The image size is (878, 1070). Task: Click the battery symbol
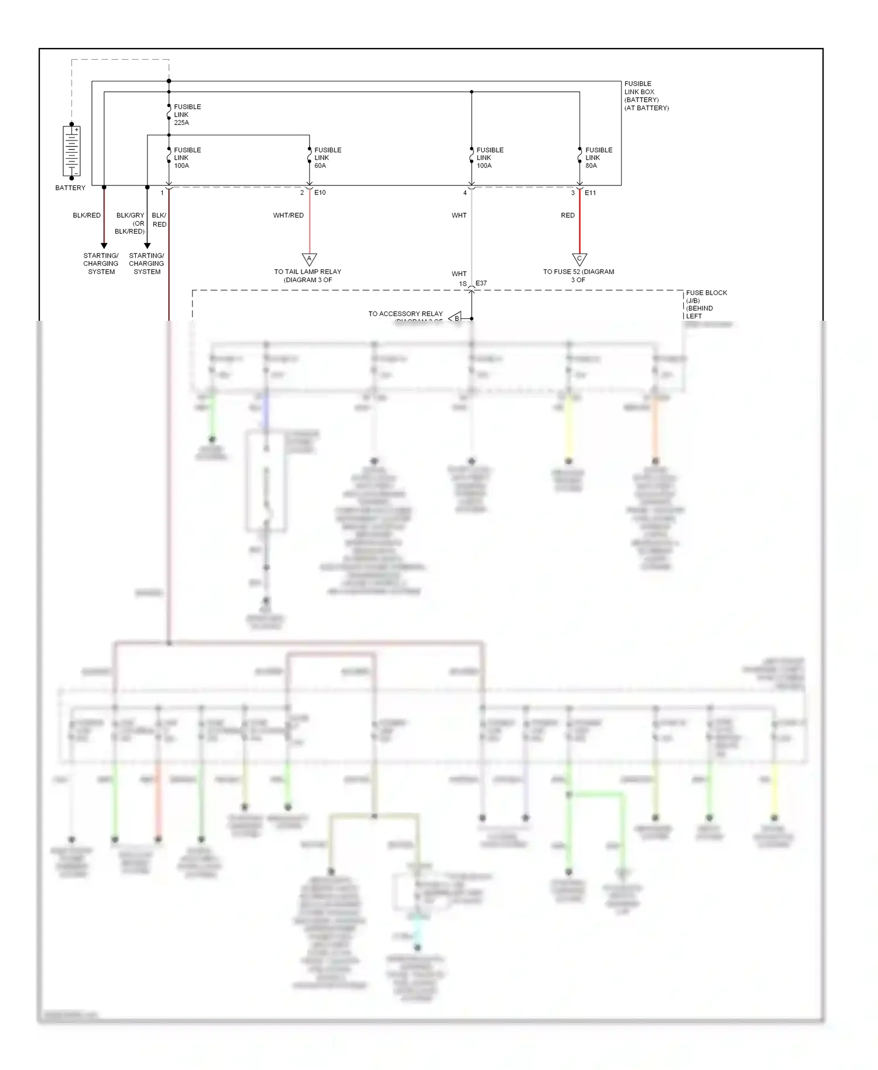pyautogui.click(x=71, y=151)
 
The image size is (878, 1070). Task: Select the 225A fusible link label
pyautogui.click(x=187, y=115)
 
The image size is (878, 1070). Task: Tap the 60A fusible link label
pyautogui.click(x=327, y=158)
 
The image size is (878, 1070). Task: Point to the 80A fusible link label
pyautogui.click(x=598, y=158)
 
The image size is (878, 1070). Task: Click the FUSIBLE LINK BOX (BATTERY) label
pyautogui.click(x=646, y=96)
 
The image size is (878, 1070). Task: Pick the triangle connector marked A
pyautogui.click(x=309, y=259)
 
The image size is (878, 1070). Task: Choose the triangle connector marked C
pyautogui.click(x=579, y=259)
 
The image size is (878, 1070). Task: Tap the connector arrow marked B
pyautogui.click(x=455, y=318)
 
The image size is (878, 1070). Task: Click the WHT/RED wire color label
pyautogui.click(x=288, y=215)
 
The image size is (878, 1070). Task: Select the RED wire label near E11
pyautogui.click(x=567, y=215)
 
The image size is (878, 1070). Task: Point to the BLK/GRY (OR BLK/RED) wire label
pyautogui.click(x=130, y=223)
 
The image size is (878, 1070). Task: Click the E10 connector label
pyautogui.click(x=320, y=193)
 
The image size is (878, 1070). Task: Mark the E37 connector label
pyautogui.click(x=481, y=283)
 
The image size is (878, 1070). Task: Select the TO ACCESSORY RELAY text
pyautogui.click(x=405, y=314)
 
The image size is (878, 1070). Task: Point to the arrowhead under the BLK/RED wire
pyautogui.click(x=104, y=246)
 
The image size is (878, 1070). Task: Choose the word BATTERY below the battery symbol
pyautogui.click(x=70, y=188)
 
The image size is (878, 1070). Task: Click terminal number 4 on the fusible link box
pyautogui.click(x=465, y=193)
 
